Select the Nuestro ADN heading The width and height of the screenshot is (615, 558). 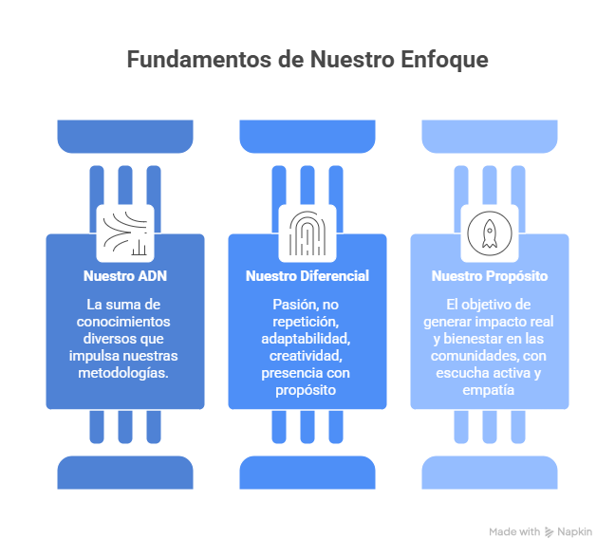click(x=124, y=277)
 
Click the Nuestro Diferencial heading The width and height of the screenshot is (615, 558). click(x=307, y=277)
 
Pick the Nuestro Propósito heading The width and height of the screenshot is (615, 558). click(x=490, y=277)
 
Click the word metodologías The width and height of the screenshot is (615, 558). click(x=124, y=373)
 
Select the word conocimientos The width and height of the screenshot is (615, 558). click(x=124, y=322)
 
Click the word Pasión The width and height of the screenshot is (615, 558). click(x=289, y=305)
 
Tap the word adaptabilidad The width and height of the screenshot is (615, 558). click(x=307, y=339)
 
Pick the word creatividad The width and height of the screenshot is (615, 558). click(x=307, y=356)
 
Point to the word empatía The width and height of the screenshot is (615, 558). click(x=490, y=390)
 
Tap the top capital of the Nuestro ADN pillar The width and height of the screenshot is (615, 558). click(x=124, y=135)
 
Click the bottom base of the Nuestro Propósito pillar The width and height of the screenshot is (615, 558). click(x=490, y=472)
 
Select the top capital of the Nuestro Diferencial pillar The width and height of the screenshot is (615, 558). click(x=307, y=135)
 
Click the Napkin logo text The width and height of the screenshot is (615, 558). click(x=575, y=532)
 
